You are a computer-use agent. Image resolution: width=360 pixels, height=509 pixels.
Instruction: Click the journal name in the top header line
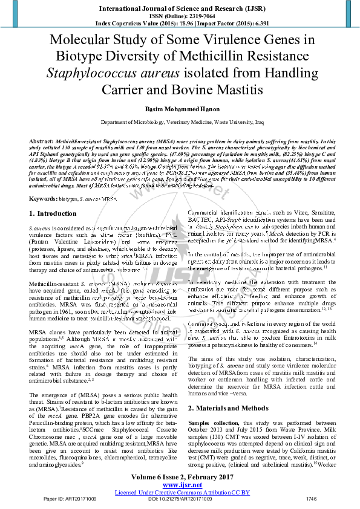[x=180, y=8]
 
